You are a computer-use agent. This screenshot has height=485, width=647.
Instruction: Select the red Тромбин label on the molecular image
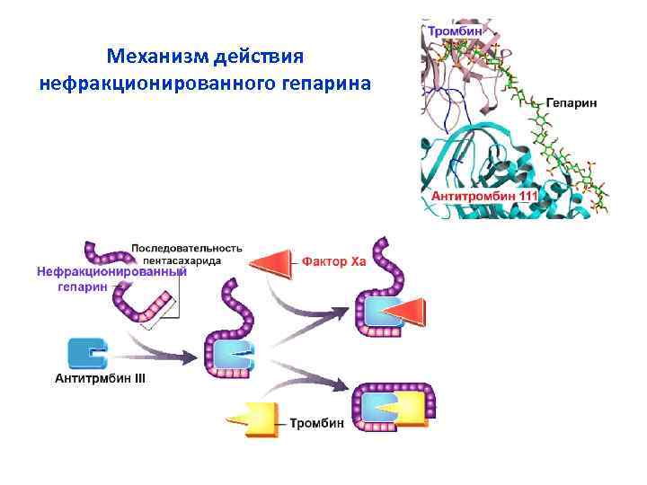(453, 31)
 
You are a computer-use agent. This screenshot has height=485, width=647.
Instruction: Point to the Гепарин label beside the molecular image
(572, 103)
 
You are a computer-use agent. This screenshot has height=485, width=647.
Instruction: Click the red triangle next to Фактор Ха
(272, 262)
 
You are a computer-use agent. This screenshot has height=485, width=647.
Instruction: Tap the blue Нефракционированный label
(111, 271)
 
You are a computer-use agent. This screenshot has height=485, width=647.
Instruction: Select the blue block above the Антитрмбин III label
(88, 353)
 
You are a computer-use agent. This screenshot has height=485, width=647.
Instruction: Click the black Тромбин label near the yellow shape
(316, 422)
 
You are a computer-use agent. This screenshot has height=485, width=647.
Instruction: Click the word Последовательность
(187, 247)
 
